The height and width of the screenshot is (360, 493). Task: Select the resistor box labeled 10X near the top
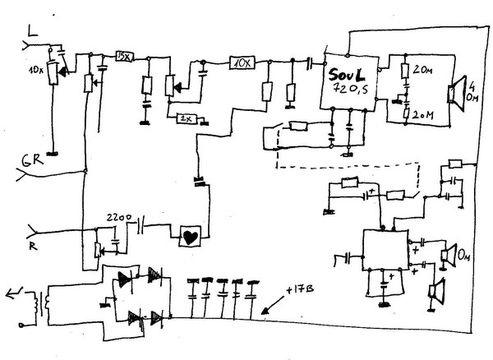(x=242, y=62)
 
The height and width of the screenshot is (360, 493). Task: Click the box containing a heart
(x=191, y=235)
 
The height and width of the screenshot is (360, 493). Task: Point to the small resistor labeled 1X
(x=186, y=118)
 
